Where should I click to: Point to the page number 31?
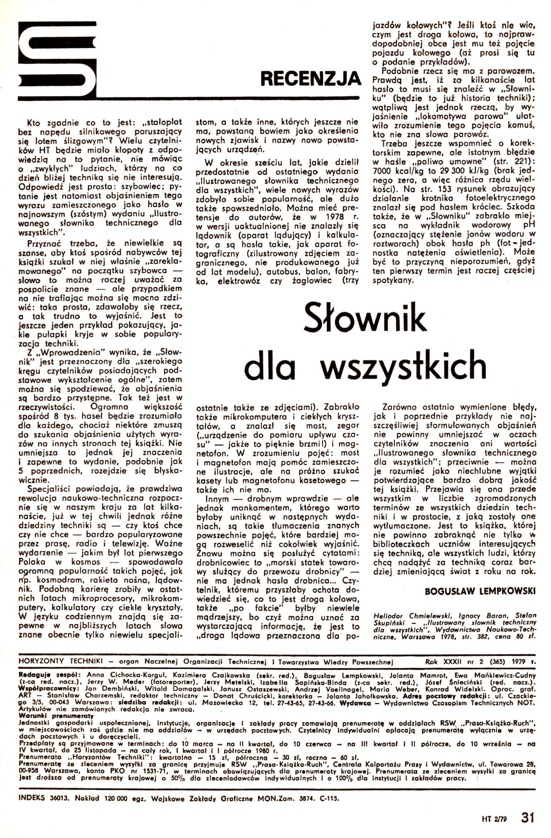tap(529, 816)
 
